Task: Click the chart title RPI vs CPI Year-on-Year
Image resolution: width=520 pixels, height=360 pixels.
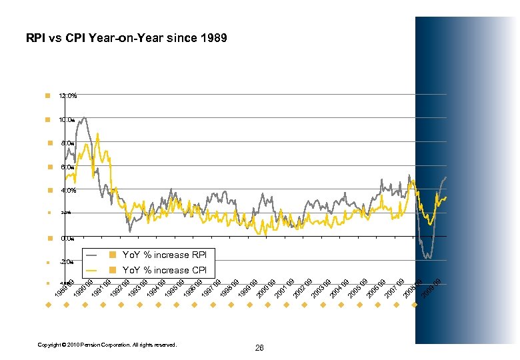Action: [x=127, y=38]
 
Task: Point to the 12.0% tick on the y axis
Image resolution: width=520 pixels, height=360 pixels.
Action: [x=68, y=96]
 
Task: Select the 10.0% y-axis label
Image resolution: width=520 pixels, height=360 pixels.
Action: [x=68, y=120]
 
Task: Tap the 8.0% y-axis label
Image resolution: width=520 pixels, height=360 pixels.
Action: [x=68, y=143]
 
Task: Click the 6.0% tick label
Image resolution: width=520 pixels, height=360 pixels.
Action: [x=68, y=167]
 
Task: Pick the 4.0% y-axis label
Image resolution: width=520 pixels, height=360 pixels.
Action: [x=68, y=191]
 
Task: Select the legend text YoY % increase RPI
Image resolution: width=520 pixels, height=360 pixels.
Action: [x=164, y=255]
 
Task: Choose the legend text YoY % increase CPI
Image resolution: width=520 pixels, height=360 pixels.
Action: [x=164, y=270]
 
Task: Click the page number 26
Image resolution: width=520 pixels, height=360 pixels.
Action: [x=259, y=348]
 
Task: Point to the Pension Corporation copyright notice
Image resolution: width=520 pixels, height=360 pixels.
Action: [x=107, y=345]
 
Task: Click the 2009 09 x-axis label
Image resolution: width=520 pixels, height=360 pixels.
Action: [x=431, y=287]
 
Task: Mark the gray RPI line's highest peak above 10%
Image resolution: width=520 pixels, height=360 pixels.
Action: [x=84, y=118]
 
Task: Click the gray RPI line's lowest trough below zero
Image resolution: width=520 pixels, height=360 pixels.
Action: [x=429, y=258]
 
